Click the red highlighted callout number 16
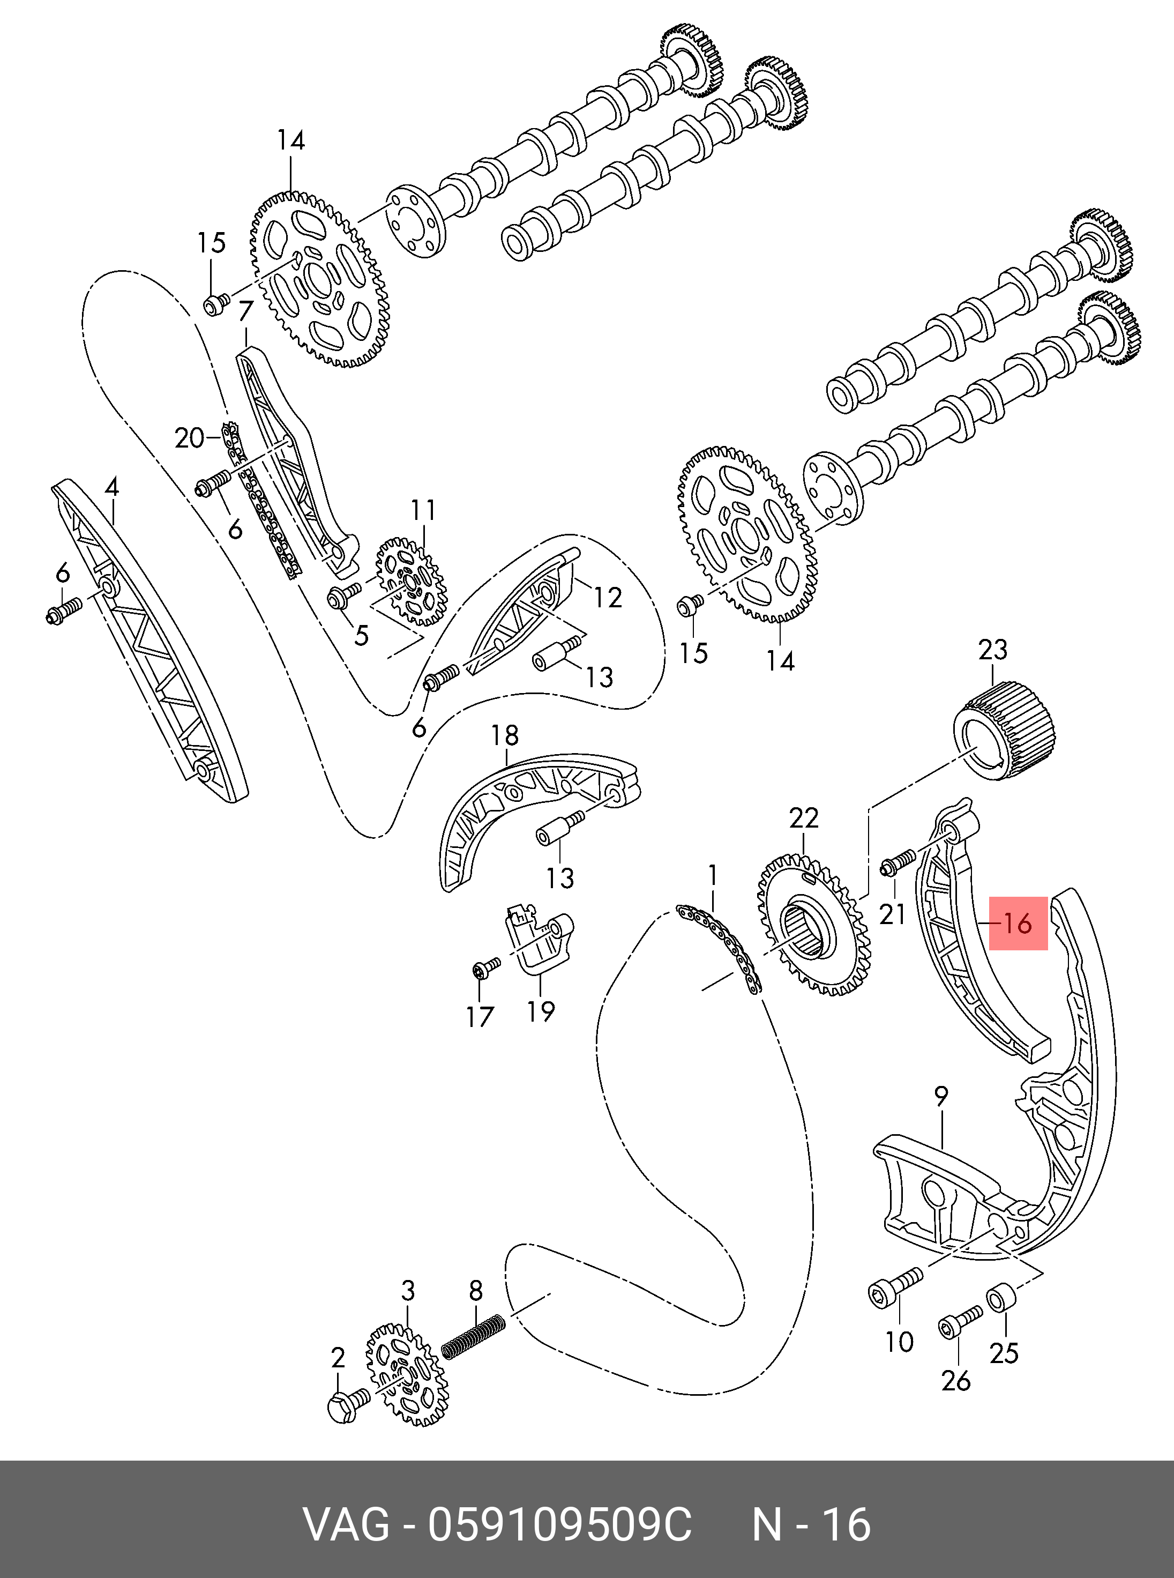(1019, 924)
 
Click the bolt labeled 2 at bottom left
(346, 1404)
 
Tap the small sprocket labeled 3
(407, 1384)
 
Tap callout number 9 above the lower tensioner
(941, 1098)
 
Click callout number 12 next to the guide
(608, 597)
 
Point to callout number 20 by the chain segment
(189, 438)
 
